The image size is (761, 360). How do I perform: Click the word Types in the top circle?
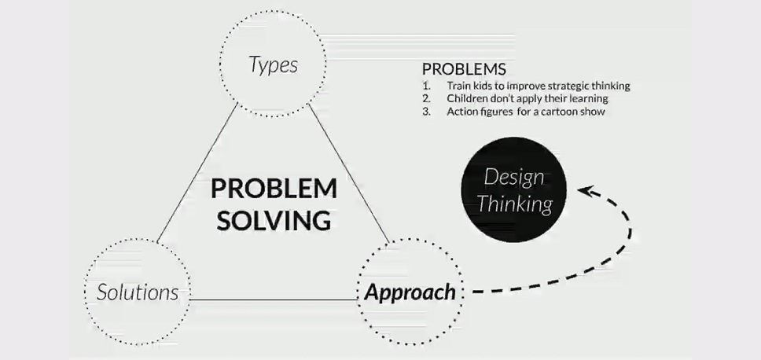tap(274, 65)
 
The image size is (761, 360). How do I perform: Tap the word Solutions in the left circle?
tap(138, 292)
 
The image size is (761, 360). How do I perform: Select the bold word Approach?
tap(410, 292)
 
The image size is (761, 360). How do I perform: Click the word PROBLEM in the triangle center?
tap(274, 189)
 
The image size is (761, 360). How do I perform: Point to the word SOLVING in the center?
tap(274, 220)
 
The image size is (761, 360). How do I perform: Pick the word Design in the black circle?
tap(514, 178)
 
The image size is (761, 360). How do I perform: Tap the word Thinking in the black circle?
tap(515, 204)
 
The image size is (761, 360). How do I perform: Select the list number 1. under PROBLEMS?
tap(427, 86)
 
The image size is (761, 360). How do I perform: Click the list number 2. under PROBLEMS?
tap(427, 99)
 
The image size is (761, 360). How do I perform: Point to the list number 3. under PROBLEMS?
tap(427, 112)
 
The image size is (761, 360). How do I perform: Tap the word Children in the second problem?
tap(464, 99)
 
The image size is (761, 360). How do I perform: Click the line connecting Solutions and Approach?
tap(274, 299)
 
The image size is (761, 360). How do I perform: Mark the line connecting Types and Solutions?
tap(197, 172)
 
